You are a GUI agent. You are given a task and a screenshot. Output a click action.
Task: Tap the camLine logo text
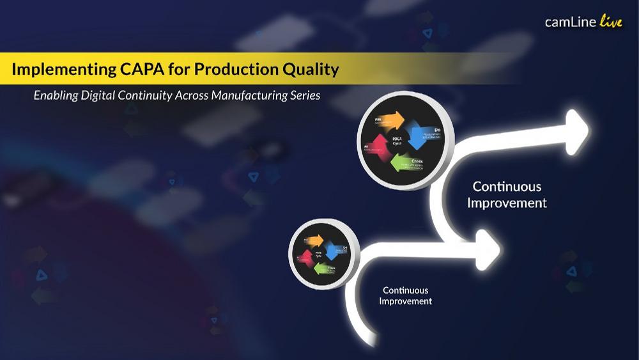[570, 22]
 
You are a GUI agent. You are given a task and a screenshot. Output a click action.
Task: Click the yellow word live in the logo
[610, 22]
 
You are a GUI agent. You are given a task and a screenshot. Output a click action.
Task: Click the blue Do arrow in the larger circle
[421, 136]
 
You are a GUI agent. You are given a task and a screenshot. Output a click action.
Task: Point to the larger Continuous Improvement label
[507, 194]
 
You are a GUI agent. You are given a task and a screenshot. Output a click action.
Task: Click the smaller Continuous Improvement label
[406, 295]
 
